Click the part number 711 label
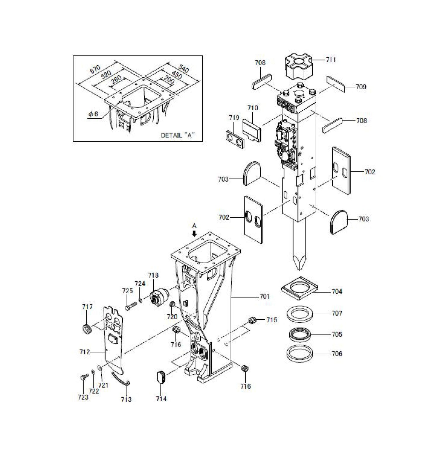[331, 60]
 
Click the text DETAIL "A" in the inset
[178, 135]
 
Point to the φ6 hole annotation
[93, 114]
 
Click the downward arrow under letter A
[194, 234]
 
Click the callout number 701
[265, 297]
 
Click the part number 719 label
[234, 118]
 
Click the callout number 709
[361, 87]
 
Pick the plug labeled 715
[252, 320]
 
